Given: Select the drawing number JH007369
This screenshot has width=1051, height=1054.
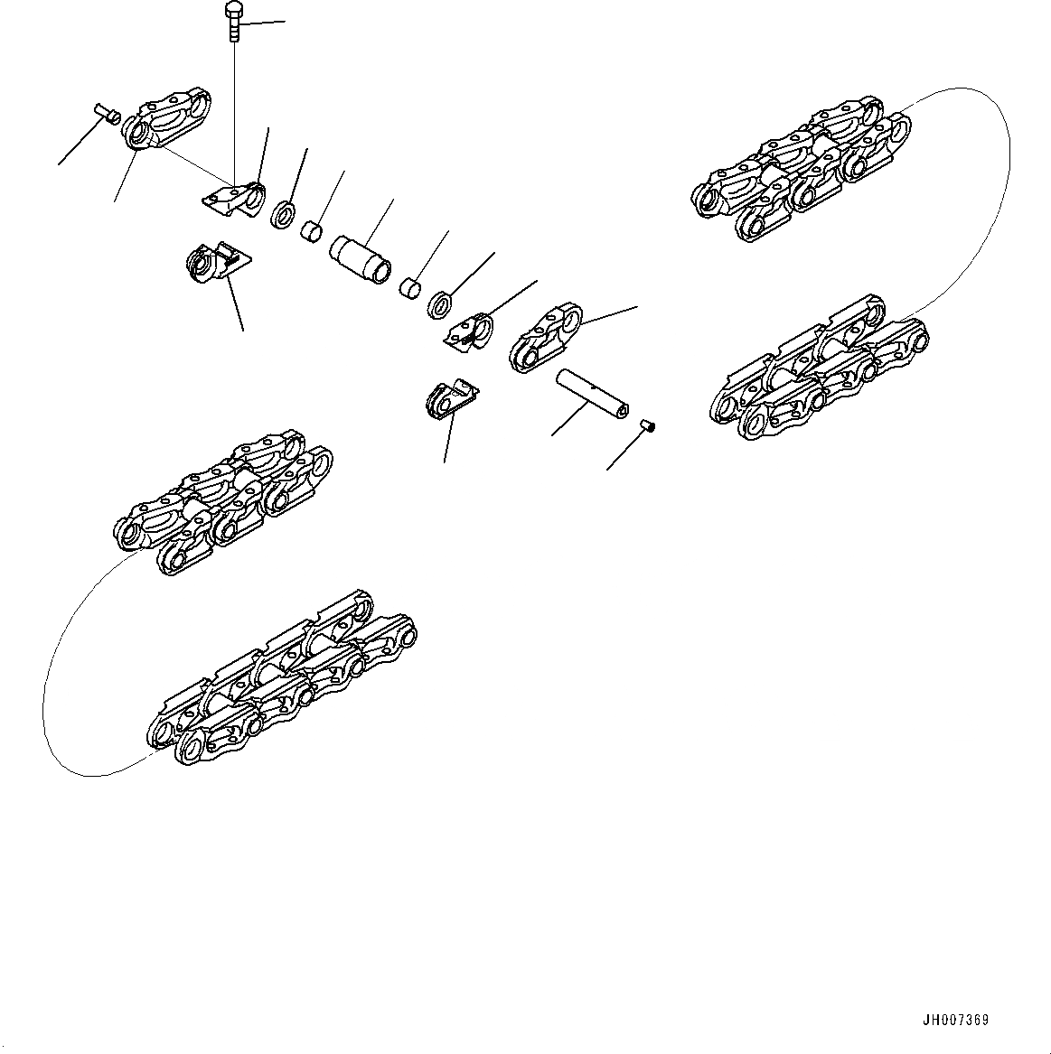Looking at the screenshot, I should (955, 1021).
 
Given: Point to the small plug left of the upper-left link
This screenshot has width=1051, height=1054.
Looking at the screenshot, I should (107, 114).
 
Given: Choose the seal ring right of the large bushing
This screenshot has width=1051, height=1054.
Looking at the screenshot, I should (439, 303).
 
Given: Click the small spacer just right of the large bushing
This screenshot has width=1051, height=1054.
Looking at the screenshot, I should (411, 289).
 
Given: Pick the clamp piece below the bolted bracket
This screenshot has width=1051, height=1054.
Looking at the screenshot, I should (215, 263).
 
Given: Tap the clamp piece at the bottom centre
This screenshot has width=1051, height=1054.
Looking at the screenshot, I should (449, 399).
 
